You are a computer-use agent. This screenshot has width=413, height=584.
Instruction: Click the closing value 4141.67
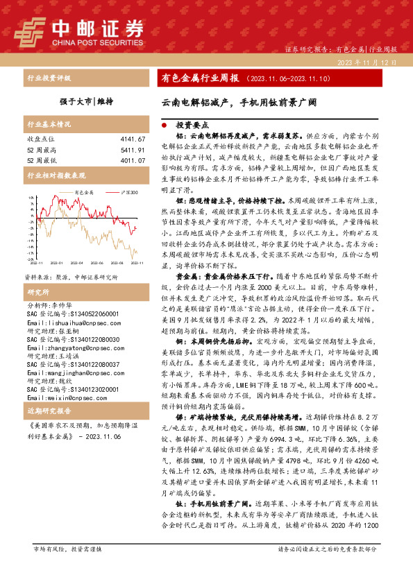click(x=132, y=140)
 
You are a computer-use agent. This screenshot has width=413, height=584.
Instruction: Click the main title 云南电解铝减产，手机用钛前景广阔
click(x=239, y=101)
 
